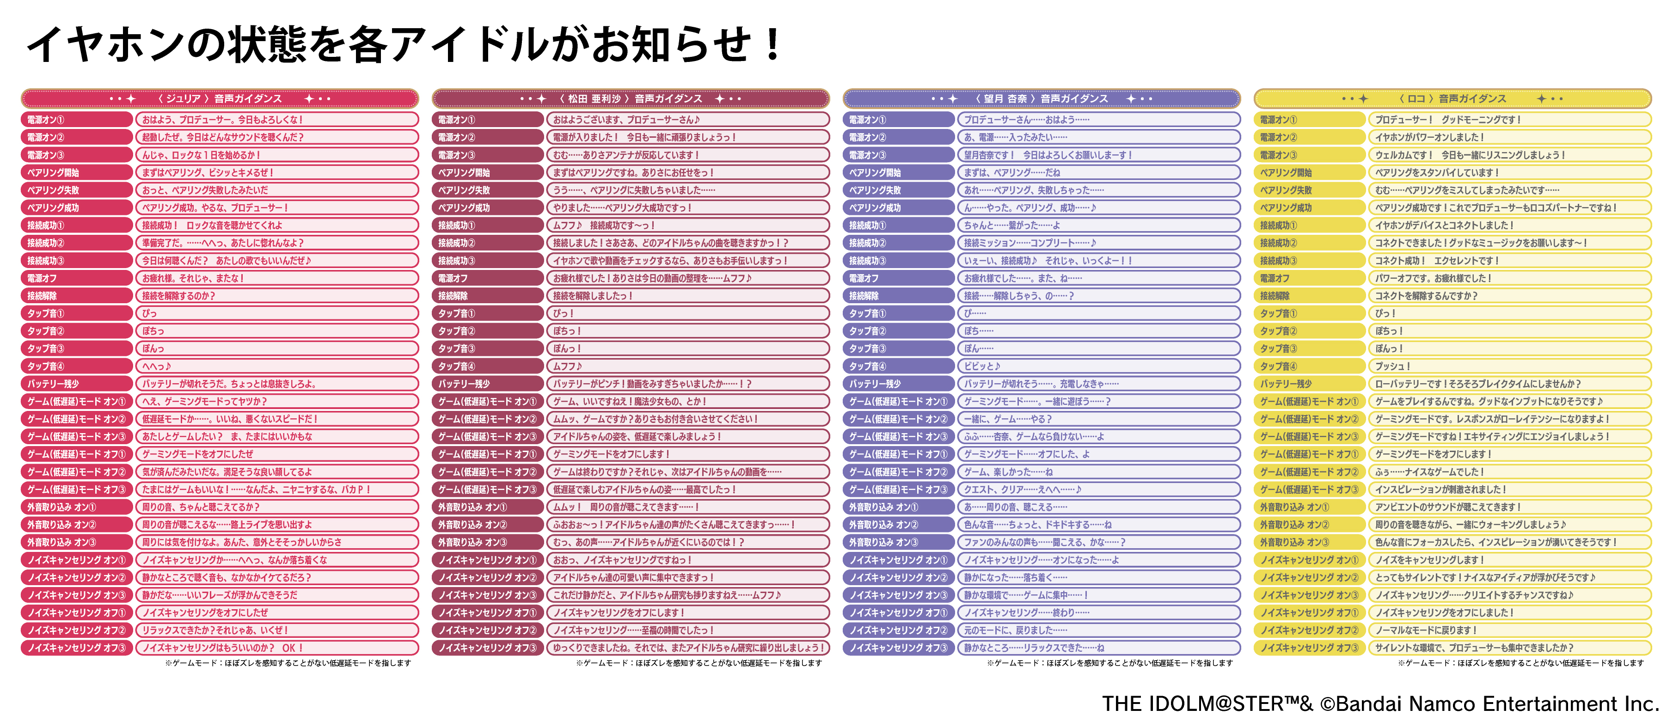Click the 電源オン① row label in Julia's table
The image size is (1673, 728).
click(x=77, y=120)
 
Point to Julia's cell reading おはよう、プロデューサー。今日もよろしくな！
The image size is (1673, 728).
click(x=276, y=120)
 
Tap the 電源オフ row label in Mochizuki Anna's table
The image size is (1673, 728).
click(x=898, y=278)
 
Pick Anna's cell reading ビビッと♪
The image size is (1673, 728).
click(x=1098, y=366)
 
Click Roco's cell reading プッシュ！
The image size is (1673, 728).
click(x=1509, y=366)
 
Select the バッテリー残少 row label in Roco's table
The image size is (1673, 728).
click(x=1309, y=384)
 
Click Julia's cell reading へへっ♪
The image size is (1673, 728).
click(x=276, y=366)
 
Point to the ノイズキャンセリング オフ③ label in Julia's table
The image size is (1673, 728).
click(x=77, y=648)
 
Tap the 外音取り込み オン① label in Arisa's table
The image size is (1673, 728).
click(x=488, y=507)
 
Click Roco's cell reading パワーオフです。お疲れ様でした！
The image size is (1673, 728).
click(x=1509, y=278)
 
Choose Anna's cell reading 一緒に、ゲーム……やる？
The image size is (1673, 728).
click(x=1098, y=419)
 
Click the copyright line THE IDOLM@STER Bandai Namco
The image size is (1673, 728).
click(x=1380, y=704)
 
